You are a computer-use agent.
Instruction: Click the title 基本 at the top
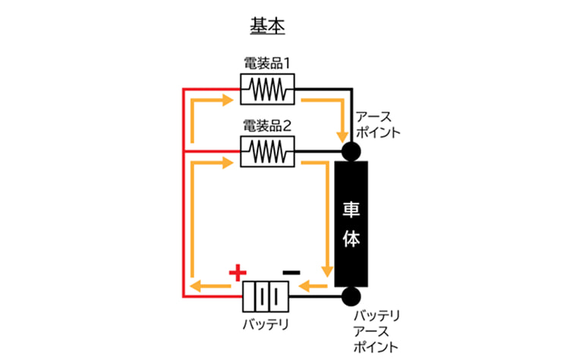267,24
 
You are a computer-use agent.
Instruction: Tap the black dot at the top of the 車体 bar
351,151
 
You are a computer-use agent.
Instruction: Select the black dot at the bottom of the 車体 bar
351,296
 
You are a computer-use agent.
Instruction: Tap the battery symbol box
266,296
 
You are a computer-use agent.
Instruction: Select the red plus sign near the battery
238,271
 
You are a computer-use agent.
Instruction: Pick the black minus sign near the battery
291,270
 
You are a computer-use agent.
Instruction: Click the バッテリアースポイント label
377,331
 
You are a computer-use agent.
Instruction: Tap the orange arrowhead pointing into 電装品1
228,99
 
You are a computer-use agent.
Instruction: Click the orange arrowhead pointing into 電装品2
228,163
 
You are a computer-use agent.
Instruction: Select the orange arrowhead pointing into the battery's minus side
303,286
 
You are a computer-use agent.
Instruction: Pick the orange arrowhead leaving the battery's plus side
195,286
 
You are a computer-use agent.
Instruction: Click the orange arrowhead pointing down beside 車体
328,271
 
